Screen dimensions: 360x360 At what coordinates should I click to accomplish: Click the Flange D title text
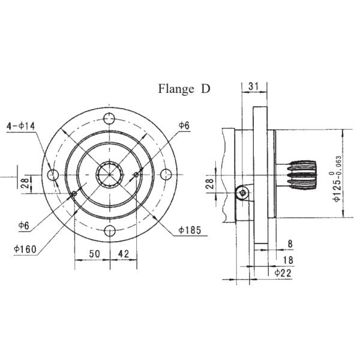point(184,89)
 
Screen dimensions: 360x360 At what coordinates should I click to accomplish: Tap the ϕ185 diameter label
point(189,230)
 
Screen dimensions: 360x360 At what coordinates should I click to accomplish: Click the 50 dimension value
point(94,254)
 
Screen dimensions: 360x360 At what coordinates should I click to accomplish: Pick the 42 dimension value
point(122,254)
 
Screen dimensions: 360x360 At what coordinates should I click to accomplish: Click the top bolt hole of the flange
point(110,118)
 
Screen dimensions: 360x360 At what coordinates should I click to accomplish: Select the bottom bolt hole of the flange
point(110,232)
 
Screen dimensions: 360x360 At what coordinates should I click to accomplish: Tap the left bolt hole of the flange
point(53,175)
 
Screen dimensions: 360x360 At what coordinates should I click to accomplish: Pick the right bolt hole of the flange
point(167,175)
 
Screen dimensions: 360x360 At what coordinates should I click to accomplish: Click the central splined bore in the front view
point(110,175)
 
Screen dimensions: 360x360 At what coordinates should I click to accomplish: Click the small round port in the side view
point(241,192)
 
